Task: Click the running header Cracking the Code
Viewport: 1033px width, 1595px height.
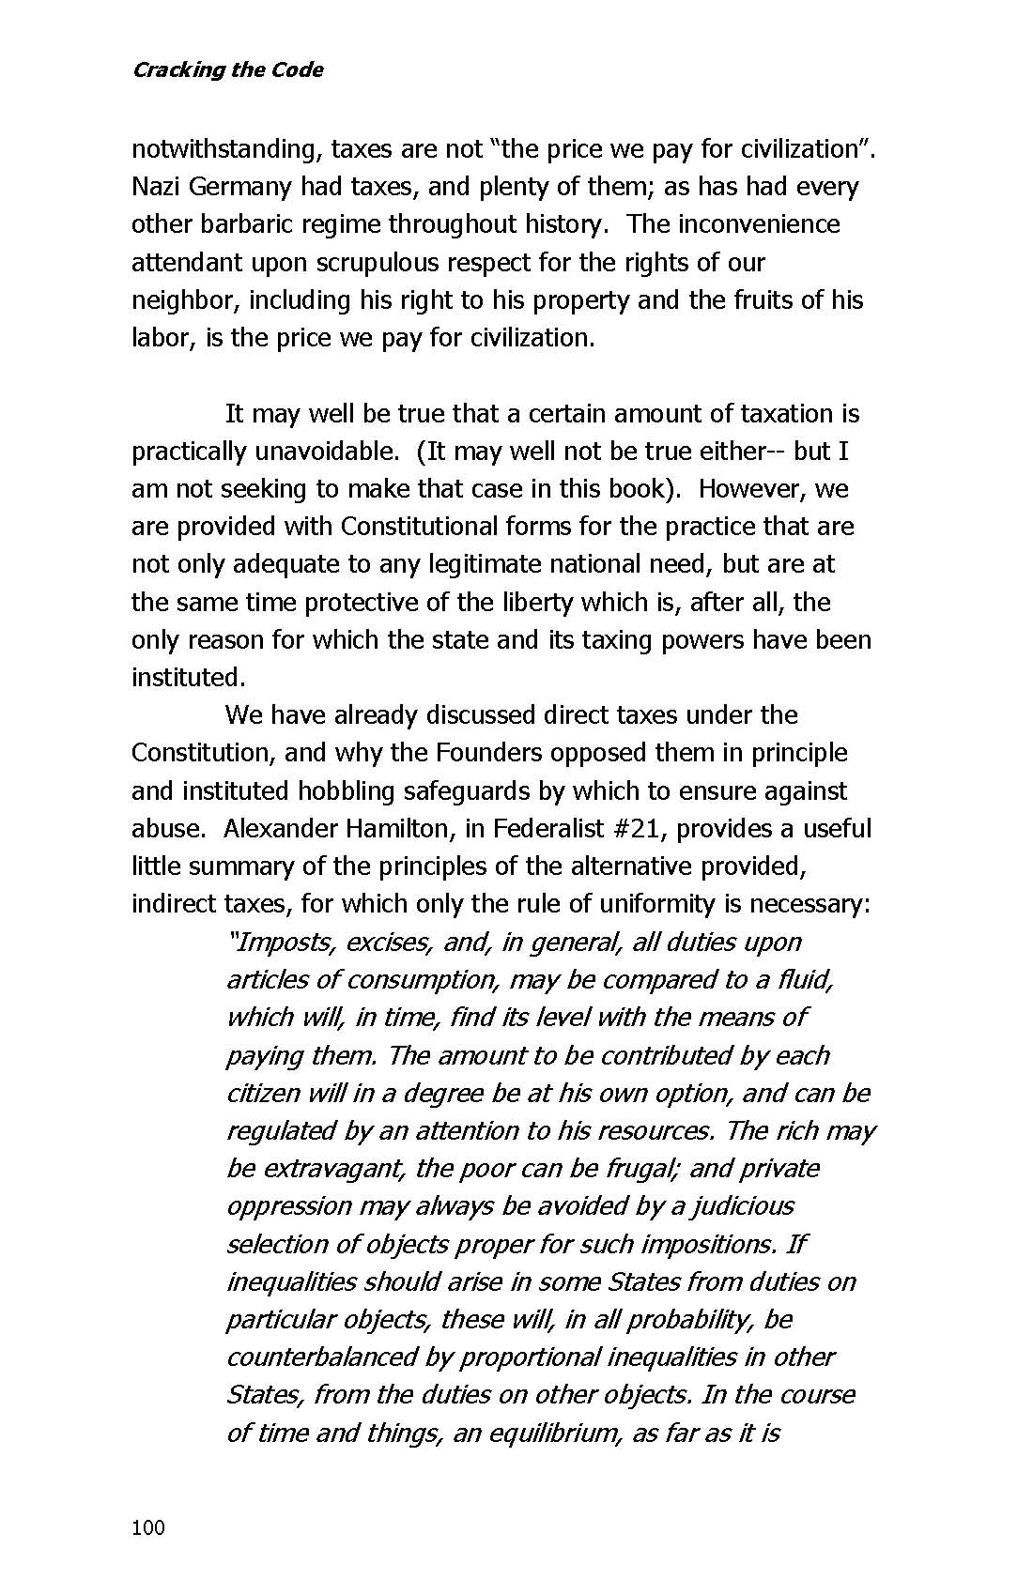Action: click(227, 70)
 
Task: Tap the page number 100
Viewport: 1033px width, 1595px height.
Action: click(148, 1527)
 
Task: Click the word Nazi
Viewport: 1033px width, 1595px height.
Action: click(155, 187)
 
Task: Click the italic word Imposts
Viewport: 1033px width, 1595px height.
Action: click(283, 943)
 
